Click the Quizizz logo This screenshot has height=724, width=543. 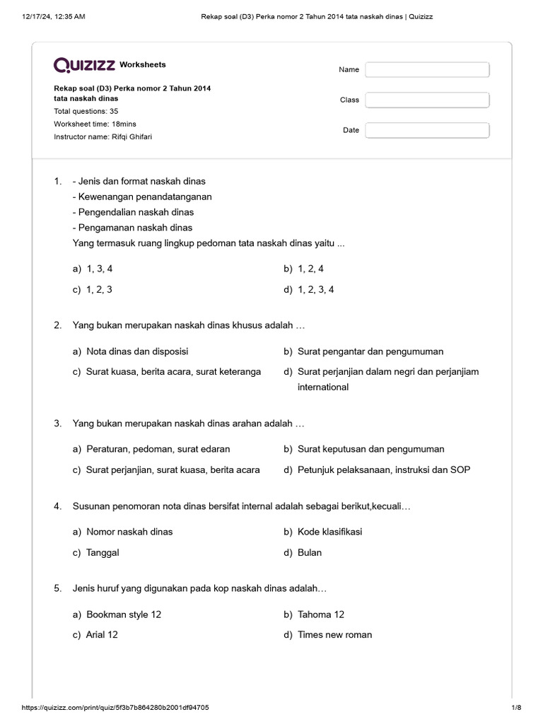coord(85,65)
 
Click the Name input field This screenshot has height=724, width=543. coord(427,69)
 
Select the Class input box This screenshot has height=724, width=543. coord(427,100)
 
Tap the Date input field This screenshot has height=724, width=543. coord(427,130)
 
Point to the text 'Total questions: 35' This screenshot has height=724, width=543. coord(86,111)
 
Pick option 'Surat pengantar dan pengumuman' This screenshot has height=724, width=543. coord(370,351)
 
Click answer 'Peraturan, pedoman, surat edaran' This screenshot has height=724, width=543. coord(158,449)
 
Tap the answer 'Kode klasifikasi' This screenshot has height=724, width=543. coord(329,532)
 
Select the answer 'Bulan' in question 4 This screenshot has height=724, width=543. coord(310,552)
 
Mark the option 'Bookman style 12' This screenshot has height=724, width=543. coord(124,614)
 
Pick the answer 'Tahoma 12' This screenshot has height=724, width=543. coord(321,614)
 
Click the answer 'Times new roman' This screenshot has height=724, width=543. coord(334,635)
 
